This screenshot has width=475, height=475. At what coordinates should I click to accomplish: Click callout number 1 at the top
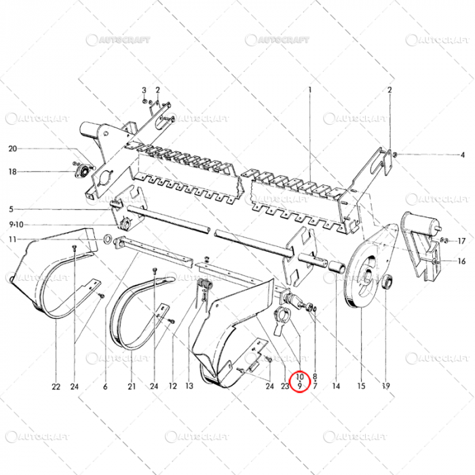[x=309, y=90]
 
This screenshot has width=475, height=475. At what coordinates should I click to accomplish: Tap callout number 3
[x=144, y=90]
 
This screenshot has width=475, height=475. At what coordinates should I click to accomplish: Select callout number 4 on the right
[x=463, y=155]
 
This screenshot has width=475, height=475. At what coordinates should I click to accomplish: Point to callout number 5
[x=11, y=209]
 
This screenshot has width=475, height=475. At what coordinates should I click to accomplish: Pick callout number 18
[x=12, y=172]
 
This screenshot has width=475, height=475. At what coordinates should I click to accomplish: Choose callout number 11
[x=12, y=239]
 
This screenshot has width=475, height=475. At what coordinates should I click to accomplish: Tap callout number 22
[x=55, y=387]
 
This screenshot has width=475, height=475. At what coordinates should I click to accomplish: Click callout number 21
[x=130, y=387]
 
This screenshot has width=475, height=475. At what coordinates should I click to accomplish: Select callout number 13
[x=189, y=387]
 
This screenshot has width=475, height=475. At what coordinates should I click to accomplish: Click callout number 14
[x=335, y=387]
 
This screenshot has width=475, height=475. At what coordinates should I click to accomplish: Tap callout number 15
[x=361, y=387]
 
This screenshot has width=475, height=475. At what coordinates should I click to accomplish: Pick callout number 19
[x=385, y=387]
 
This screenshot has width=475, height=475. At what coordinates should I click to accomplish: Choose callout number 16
[x=461, y=261]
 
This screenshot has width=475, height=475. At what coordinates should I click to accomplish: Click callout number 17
[x=461, y=241]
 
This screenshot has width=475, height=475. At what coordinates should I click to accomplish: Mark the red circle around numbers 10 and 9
[x=299, y=381]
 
